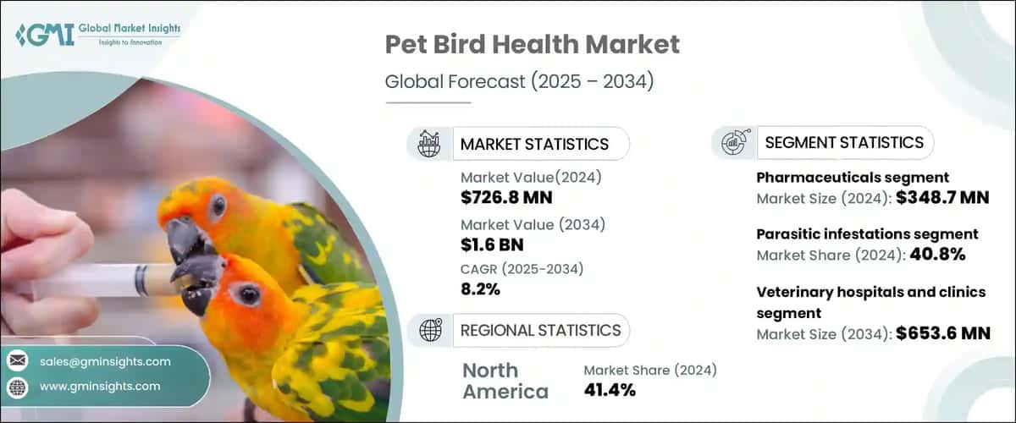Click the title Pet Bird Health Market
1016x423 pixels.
pyautogui.click(x=532, y=45)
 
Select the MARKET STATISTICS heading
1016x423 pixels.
pyautogui.click(x=533, y=144)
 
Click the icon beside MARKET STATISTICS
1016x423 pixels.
pyautogui.click(x=428, y=144)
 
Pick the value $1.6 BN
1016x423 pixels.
pyautogui.click(x=492, y=244)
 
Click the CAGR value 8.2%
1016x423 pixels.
pyautogui.click(x=480, y=289)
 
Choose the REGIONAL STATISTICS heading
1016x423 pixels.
pyautogui.click(x=540, y=330)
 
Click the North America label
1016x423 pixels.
pyautogui.click(x=505, y=381)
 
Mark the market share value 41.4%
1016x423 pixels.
pyautogui.click(x=610, y=390)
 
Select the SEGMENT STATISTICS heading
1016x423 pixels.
pyautogui.click(x=843, y=143)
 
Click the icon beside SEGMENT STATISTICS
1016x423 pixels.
pyautogui.click(x=733, y=143)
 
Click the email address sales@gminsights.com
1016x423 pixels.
pyautogui.click(x=105, y=361)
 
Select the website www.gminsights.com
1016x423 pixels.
pyautogui.click(x=100, y=386)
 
